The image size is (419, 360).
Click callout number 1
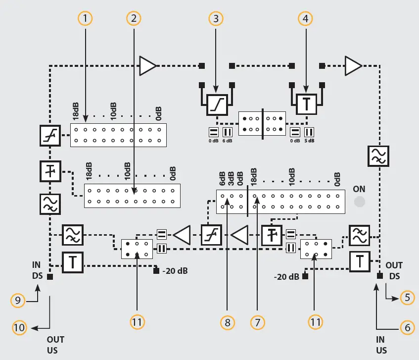(86, 18)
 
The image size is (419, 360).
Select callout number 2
(133, 18)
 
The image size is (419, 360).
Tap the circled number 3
(215, 18)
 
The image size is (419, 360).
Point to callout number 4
(306, 18)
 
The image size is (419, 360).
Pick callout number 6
(407, 327)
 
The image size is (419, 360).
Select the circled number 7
(257, 322)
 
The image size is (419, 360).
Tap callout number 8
(227, 322)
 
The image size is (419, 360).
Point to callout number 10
(19, 327)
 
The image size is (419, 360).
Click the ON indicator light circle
(360, 202)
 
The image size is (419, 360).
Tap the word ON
(359, 189)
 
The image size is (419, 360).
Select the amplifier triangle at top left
(147, 66)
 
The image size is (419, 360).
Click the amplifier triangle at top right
(353, 66)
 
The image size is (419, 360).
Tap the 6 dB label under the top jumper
(228, 141)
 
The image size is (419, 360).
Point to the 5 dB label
(309, 141)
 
